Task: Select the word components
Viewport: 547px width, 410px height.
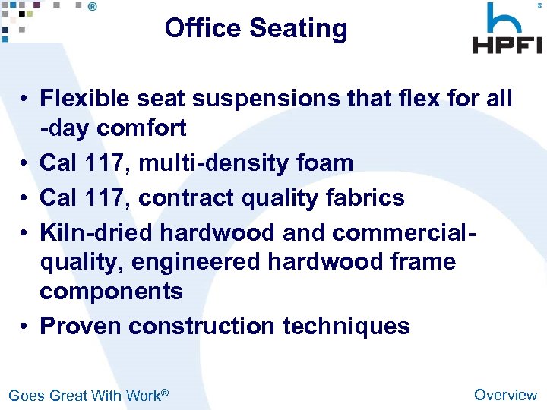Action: coord(111,292)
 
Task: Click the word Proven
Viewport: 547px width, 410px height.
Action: coord(81,326)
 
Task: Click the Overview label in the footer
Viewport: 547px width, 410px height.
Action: coord(505,394)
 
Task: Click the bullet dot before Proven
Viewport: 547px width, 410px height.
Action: coord(25,326)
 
